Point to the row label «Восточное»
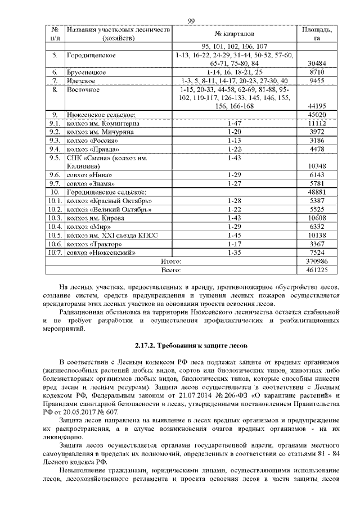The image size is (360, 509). pos(83,89)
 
